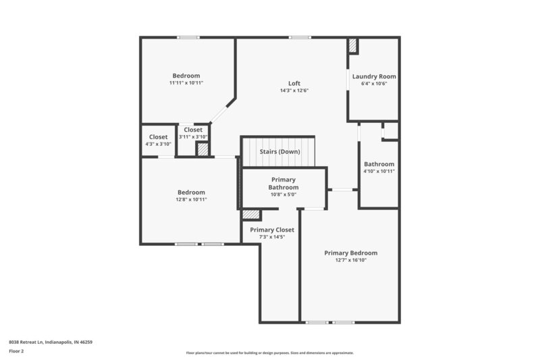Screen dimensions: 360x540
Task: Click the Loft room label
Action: [x=294, y=84]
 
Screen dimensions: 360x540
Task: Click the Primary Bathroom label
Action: [x=283, y=183]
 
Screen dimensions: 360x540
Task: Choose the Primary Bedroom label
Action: [x=350, y=253]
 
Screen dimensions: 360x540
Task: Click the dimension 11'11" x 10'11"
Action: [x=186, y=82]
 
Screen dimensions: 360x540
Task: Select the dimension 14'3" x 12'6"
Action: [x=294, y=91]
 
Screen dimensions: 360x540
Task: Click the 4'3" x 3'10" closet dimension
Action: [x=158, y=144]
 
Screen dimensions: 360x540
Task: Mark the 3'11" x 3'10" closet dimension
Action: [x=193, y=136]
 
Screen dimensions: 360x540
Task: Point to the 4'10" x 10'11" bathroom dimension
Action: [x=379, y=171]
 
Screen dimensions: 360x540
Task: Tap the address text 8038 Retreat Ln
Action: [x=51, y=342]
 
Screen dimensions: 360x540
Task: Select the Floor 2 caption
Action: [x=17, y=351]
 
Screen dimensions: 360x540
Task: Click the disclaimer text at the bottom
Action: [x=269, y=353]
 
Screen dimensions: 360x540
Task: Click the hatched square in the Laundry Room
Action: [x=353, y=46]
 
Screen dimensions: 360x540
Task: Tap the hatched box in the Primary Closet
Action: [x=251, y=214]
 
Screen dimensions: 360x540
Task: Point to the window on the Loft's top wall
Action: [x=300, y=37]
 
